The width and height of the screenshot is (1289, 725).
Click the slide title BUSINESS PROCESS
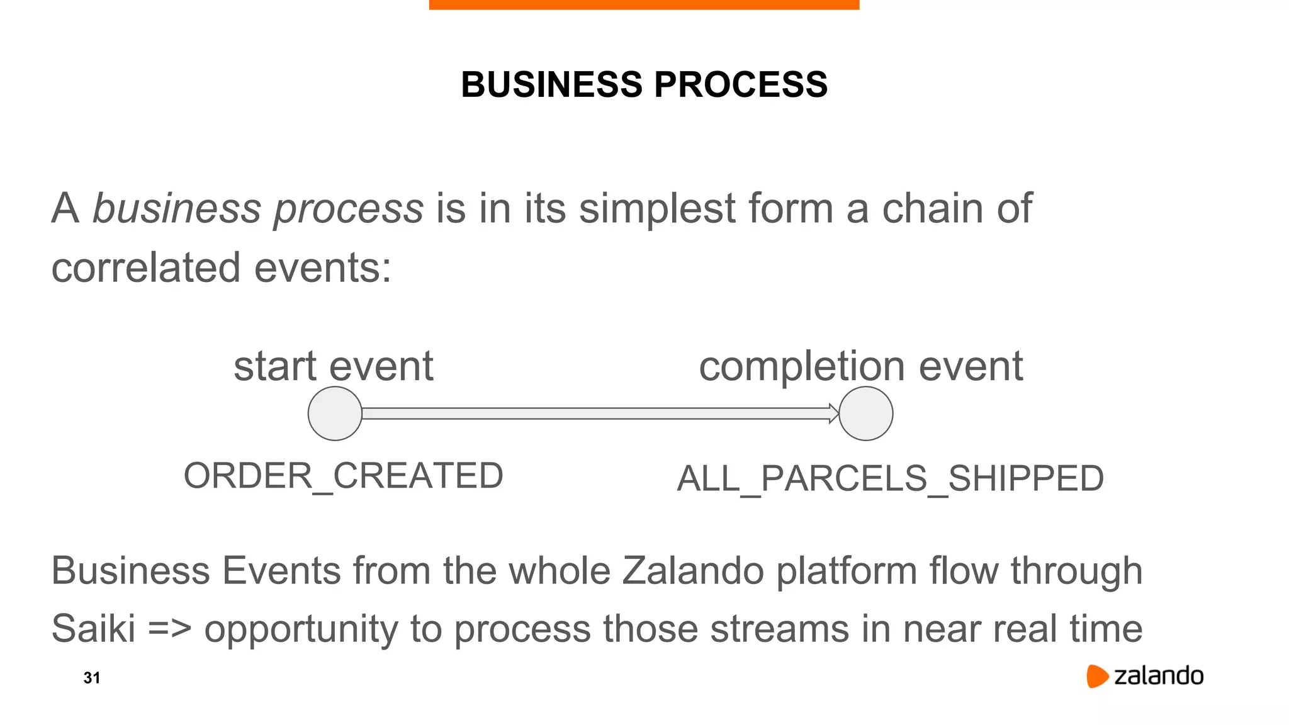pyautogui.click(x=644, y=84)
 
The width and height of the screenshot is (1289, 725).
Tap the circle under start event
pyautogui.click(x=335, y=413)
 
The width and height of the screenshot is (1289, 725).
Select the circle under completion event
pyautogui.click(x=866, y=413)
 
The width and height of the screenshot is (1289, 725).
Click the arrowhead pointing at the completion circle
pyautogui.click(x=833, y=413)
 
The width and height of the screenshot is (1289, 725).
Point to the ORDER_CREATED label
pyautogui.click(x=343, y=476)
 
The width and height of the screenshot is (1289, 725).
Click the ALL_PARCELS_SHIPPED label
pyautogui.click(x=890, y=478)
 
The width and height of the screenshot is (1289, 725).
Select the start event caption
pyautogui.click(x=333, y=366)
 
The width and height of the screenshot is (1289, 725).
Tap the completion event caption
pyautogui.click(x=860, y=366)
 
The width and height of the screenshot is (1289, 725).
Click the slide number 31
pyautogui.click(x=92, y=678)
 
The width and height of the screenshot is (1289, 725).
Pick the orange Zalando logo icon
pyautogui.click(x=1096, y=676)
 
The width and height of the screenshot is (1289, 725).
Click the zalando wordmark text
pyautogui.click(x=1159, y=676)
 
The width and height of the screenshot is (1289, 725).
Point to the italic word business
pyautogui.click(x=176, y=208)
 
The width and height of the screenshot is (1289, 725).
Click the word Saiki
pyautogui.click(x=93, y=628)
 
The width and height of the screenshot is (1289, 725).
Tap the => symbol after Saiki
pyautogui.click(x=169, y=628)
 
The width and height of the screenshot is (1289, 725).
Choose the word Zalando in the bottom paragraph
pyautogui.click(x=692, y=571)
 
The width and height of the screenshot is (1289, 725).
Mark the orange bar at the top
pyautogui.click(x=644, y=4)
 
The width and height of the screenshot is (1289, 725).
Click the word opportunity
pyautogui.click(x=301, y=629)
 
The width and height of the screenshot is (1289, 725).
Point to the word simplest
pyautogui.click(x=657, y=210)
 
